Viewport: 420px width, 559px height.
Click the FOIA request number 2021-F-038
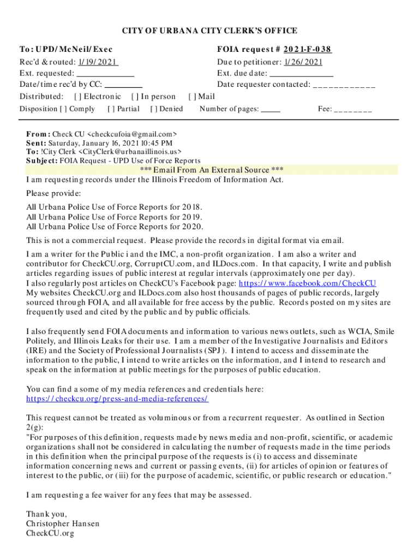(308, 50)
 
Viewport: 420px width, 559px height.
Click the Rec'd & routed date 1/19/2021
(98, 62)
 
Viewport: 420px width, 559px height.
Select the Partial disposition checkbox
(111, 109)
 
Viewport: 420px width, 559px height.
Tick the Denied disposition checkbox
(154, 109)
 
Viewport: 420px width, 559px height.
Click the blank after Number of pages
(271, 110)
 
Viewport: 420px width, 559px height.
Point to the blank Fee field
(352, 110)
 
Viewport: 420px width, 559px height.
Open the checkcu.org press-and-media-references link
(117, 399)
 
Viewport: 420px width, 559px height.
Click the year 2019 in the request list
(192, 217)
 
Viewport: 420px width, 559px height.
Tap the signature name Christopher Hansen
(63, 524)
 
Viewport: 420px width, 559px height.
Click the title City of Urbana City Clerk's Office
(209, 31)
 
